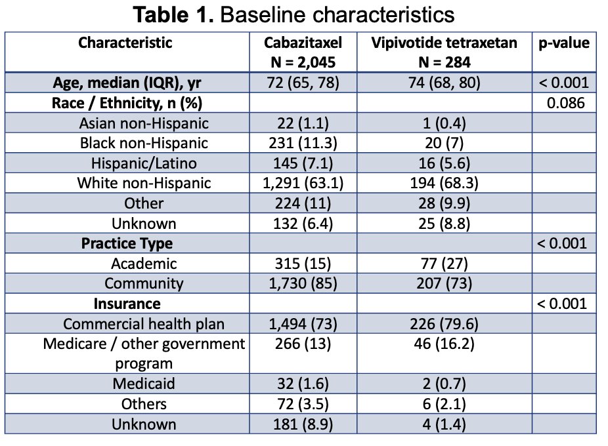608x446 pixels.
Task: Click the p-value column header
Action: click(x=564, y=43)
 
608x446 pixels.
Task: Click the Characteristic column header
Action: click(x=125, y=43)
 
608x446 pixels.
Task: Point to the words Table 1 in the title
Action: click(x=173, y=14)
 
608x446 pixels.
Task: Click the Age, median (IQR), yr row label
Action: click(x=127, y=83)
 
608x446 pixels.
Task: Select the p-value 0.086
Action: click(x=565, y=103)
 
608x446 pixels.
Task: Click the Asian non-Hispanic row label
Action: click(x=144, y=123)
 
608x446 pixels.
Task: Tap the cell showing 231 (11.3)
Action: click(x=303, y=143)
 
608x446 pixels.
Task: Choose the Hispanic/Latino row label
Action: click(x=144, y=163)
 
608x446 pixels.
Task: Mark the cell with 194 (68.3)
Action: click(x=444, y=183)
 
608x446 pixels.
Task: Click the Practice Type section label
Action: click(x=127, y=243)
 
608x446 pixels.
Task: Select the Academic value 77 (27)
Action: click(x=444, y=264)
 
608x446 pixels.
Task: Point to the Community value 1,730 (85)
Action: click(x=303, y=283)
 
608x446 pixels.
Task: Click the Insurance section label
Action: click(x=127, y=304)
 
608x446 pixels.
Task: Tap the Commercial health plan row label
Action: click(x=144, y=324)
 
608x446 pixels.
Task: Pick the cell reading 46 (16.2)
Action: click(x=444, y=344)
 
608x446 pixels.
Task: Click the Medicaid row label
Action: click(x=144, y=384)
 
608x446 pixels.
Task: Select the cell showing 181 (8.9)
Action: click(x=303, y=424)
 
